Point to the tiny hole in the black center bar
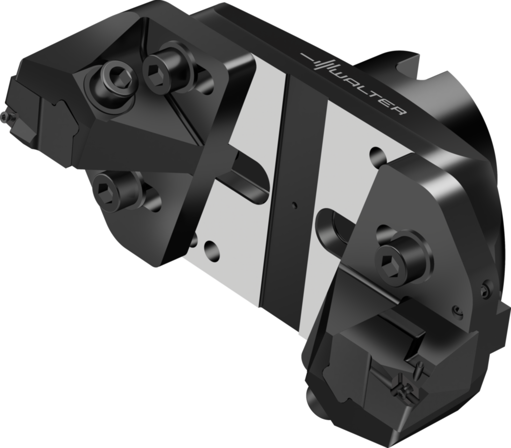point(294,204)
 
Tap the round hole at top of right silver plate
point(378,152)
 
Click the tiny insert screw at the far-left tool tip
point(4,117)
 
